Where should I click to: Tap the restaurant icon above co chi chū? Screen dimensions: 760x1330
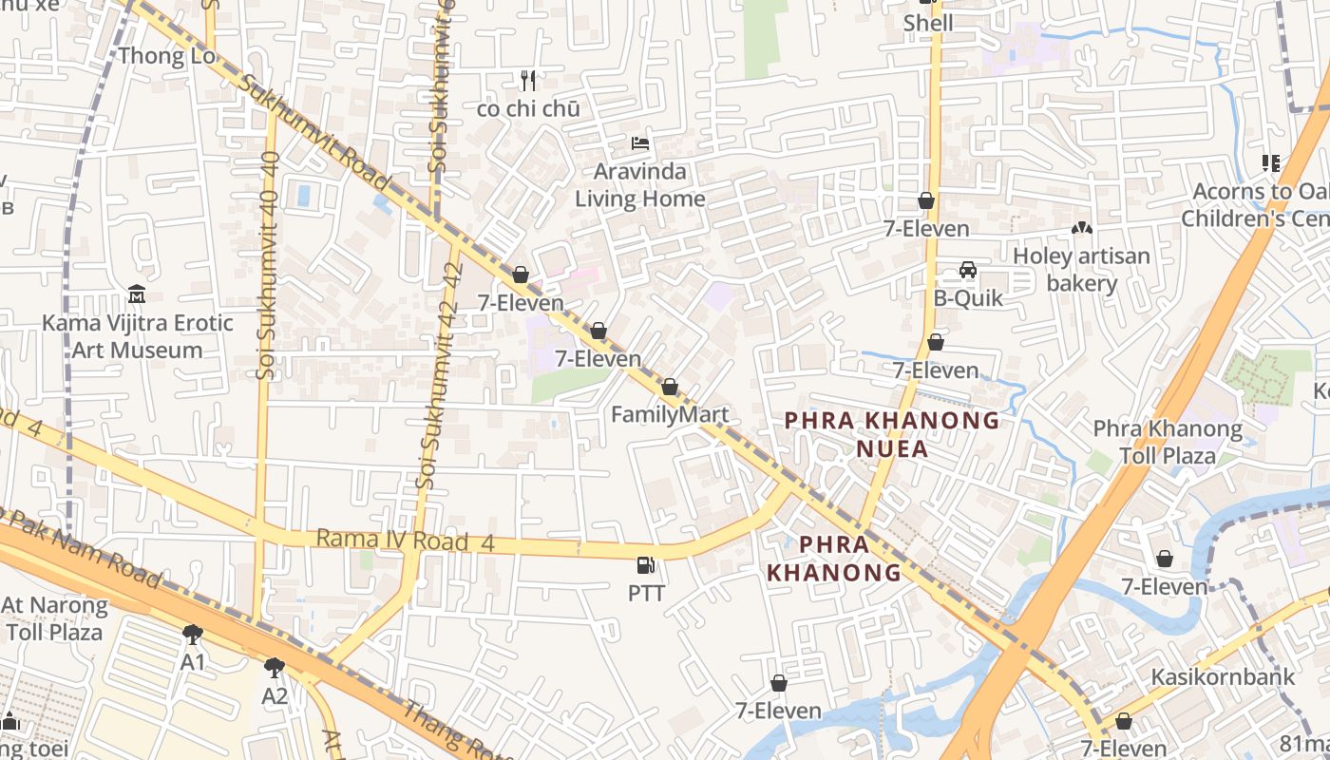(528, 81)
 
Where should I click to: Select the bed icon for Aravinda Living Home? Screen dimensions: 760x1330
(640, 144)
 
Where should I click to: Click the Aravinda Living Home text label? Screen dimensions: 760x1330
(640, 185)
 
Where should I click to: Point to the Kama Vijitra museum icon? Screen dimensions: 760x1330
(137, 294)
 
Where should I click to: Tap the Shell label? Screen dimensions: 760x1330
(928, 23)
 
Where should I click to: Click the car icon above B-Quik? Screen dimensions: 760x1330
(968, 270)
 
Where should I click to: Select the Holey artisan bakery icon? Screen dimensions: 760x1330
(1081, 229)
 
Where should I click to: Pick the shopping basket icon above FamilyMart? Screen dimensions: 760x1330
(670, 387)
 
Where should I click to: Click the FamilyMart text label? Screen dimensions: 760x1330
(670, 414)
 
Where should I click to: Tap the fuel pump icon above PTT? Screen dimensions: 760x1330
(646, 565)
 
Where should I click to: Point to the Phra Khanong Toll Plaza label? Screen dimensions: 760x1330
(1168, 442)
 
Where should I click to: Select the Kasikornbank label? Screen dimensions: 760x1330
(1223, 677)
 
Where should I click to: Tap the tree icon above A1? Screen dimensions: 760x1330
(193, 634)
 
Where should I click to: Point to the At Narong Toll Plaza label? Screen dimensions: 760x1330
(54, 618)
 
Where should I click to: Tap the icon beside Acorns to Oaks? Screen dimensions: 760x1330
(1271, 163)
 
